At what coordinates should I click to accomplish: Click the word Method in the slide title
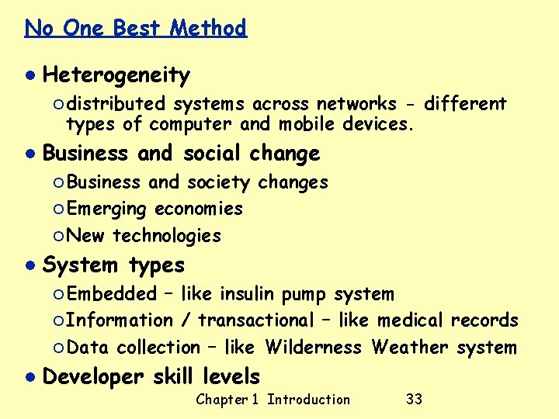(x=208, y=29)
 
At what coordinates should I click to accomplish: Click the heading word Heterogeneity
(x=116, y=75)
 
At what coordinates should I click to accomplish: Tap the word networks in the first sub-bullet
(x=366, y=104)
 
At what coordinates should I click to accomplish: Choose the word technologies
(x=167, y=236)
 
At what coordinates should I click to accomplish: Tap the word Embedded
(x=111, y=294)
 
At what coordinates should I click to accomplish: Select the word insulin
(x=247, y=294)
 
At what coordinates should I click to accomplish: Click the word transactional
(x=255, y=320)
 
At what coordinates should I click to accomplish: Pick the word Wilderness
(x=313, y=347)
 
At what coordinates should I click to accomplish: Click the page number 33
(x=414, y=400)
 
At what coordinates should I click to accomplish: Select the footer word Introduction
(x=308, y=400)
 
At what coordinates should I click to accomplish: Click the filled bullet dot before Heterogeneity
(x=29, y=75)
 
